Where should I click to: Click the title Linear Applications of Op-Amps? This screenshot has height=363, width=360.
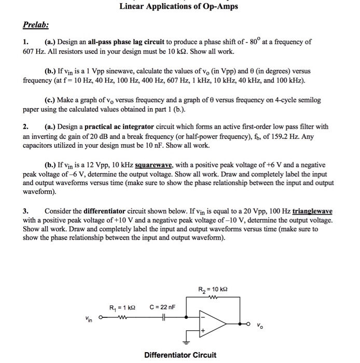point(178,7)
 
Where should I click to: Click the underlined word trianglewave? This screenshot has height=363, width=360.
point(313,212)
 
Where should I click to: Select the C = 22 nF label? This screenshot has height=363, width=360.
point(163,308)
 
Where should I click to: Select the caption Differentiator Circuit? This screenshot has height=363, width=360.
point(180,355)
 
